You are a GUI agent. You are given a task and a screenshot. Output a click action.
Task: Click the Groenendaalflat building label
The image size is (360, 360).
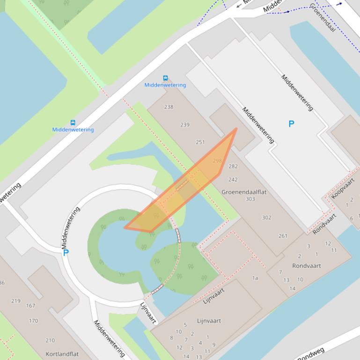coord(244,192)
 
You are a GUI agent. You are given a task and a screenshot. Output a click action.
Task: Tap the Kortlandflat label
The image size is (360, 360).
coord(61,354)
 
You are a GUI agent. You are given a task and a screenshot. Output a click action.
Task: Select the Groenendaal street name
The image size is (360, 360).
coord(323,17)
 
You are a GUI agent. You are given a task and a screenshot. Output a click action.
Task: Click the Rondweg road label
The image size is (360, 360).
coord(311,354)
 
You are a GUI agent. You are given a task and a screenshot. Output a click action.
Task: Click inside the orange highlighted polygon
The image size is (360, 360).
coord(187,187)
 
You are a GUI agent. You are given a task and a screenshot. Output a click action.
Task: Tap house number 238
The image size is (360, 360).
coord(169,107)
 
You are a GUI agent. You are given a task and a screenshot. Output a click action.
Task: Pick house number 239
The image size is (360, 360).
coord(185,125)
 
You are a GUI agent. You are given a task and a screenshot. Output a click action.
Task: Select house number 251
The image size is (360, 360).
coord(200,142)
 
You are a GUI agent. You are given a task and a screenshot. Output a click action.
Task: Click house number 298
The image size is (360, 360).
coord(217,161)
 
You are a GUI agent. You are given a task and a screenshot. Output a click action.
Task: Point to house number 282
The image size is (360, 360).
coord(233,166)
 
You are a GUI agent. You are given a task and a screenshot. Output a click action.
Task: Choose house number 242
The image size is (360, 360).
coord(233,180)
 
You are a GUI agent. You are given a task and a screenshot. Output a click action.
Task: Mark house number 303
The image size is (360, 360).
coord(250,199)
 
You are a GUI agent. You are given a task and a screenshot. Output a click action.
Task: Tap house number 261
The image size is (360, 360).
coord(283,236)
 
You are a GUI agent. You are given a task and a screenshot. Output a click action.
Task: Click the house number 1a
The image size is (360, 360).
coord(255,278)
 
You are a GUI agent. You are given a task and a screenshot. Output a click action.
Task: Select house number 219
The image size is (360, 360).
coord(16,301)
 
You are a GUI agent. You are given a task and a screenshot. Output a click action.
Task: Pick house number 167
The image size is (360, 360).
coord(30,306)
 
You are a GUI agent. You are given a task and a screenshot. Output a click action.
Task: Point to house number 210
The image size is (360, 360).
coord(50,340)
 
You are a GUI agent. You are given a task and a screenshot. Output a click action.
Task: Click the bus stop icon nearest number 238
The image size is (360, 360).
coord(165,78)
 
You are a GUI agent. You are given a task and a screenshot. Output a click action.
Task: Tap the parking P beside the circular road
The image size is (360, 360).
coord(66,253)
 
